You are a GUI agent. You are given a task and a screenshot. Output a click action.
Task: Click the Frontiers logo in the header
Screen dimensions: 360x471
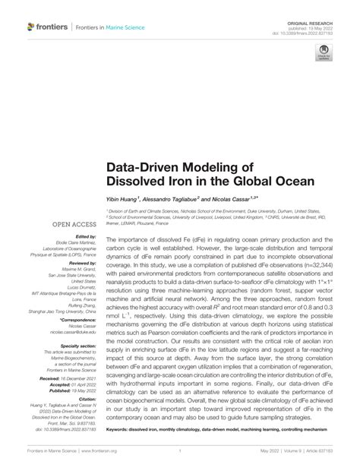click(44, 27)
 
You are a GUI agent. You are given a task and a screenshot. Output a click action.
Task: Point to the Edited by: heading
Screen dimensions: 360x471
click(84, 235)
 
